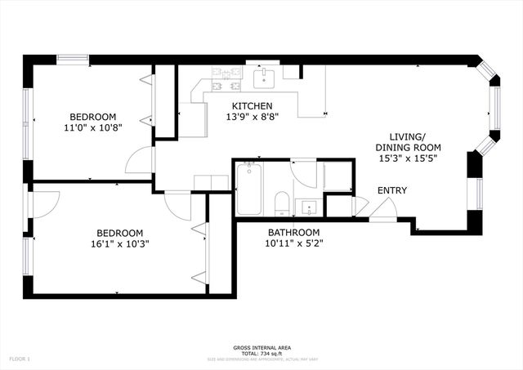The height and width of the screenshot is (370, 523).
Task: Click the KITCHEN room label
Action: pyautogui.click(x=252, y=106)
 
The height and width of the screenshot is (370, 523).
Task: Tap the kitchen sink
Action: pyautogui.click(x=264, y=78)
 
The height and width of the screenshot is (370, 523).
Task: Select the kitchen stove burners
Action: pyautogui.click(x=225, y=78)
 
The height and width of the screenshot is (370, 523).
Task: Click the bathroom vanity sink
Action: pyautogui.click(x=307, y=207)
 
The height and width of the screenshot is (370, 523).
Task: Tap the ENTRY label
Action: pyautogui.click(x=391, y=190)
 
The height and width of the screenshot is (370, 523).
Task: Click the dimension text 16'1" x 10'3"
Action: pyautogui.click(x=120, y=243)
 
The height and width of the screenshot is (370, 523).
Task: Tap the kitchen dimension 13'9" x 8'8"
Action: pyautogui.click(x=252, y=118)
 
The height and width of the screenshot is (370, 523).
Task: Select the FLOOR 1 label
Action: pyautogui.click(x=19, y=359)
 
